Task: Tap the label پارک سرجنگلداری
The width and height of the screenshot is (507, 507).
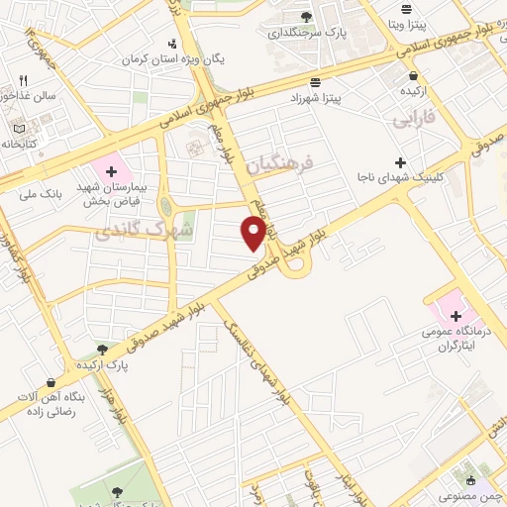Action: point(303,32)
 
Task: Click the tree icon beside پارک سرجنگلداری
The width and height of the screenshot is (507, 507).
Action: point(306,16)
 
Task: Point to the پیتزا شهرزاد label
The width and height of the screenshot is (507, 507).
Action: point(315,99)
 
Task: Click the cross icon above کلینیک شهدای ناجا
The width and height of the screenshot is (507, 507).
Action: point(400,162)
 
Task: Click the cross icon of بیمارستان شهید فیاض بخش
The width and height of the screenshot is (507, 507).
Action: point(112,171)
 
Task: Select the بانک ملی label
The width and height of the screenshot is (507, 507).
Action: point(41,194)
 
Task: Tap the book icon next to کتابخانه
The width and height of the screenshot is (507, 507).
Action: point(20,128)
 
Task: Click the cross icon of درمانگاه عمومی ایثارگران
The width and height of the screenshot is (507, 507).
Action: point(456,316)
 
